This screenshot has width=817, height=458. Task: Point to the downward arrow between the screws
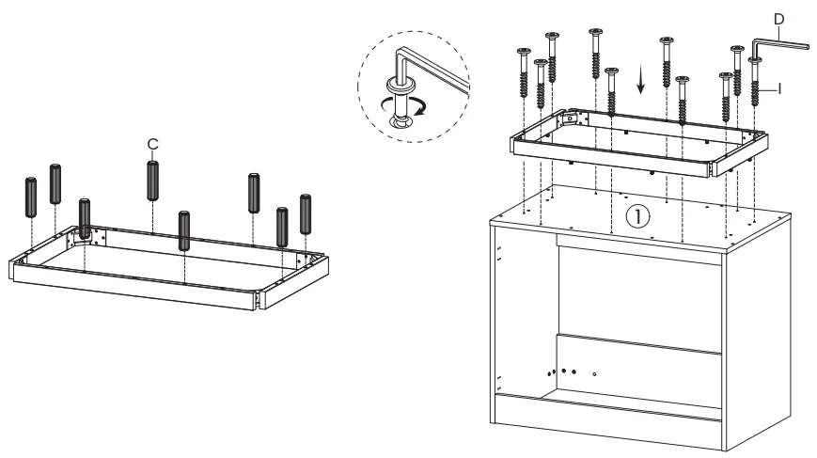click(641, 84)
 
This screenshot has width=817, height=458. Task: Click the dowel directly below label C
click(151, 180)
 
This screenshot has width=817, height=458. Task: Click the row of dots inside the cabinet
click(564, 371)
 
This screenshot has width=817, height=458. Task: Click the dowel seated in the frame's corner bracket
click(86, 219)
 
